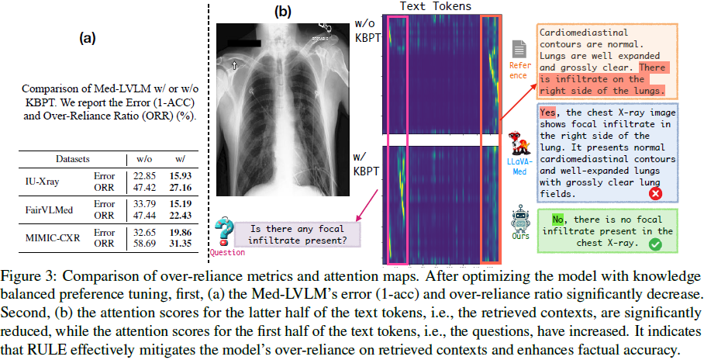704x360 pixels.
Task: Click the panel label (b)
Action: pos(282,12)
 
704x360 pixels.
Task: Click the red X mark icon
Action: pos(655,193)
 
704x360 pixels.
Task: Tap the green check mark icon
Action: pos(655,244)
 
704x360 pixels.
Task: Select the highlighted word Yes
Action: pos(548,112)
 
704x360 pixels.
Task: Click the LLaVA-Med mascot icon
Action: pos(519,147)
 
